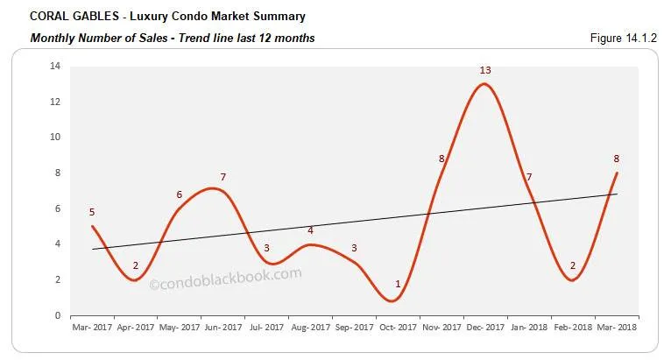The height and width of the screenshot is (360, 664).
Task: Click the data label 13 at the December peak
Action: [x=484, y=69]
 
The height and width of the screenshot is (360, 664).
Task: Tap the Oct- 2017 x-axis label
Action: [x=398, y=327]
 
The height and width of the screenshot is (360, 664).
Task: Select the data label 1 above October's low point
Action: [x=398, y=284]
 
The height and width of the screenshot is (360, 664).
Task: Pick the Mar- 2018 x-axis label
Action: [x=617, y=327]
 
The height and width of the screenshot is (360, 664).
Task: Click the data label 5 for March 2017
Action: [x=91, y=211]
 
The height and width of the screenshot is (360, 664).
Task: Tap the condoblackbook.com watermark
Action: [x=226, y=279]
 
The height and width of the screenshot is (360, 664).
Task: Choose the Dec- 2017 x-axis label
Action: [x=485, y=327]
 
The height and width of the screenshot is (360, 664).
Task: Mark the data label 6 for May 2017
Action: [x=179, y=194]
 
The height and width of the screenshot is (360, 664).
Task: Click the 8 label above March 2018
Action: [x=617, y=159]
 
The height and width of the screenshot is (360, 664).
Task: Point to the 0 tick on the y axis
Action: [x=57, y=315]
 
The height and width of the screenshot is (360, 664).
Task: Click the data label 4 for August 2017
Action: [x=310, y=230]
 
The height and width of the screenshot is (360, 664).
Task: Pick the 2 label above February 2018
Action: [x=573, y=265]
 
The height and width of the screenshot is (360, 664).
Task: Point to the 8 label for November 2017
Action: [x=442, y=159]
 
